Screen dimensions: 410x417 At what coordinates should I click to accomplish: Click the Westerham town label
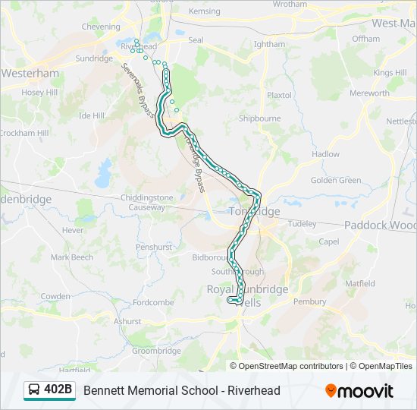coord(30,74)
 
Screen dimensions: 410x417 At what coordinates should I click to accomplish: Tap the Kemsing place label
coord(204,12)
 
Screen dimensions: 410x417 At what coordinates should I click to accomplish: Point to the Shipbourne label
coord(259,118)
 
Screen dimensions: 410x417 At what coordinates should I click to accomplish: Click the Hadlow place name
coord(325,154)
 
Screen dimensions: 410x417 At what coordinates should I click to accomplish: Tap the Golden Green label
coord(336,181)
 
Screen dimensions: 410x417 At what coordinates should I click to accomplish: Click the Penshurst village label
coord(155,247)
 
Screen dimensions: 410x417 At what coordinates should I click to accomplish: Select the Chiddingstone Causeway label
coord(136,203)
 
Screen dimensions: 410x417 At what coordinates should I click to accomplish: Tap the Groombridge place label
coord(156,351)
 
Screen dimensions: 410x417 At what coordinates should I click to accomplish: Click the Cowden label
coord(55,296)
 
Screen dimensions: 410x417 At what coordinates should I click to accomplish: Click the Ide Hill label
coord(91,115)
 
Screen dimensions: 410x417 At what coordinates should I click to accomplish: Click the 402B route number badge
coord(58,390)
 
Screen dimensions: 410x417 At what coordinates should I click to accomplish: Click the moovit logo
coord(359,391)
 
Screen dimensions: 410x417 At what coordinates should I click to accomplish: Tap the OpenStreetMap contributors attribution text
coord(291,366)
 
